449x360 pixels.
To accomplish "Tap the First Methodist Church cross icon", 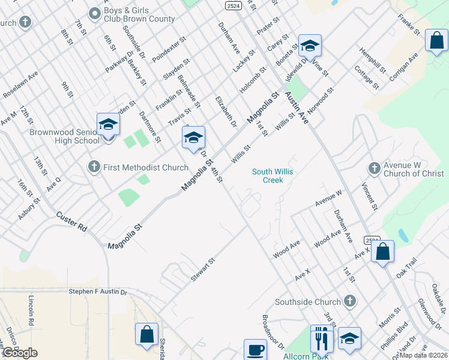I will (94, 167).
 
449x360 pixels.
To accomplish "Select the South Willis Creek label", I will (273, 176).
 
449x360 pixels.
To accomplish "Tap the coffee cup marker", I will (255, 349).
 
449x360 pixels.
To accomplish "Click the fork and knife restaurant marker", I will (322, 340).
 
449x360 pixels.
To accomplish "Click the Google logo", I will (20, 353).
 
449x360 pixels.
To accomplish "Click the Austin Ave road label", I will (297, 107).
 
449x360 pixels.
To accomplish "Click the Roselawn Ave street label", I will (20, 85).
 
